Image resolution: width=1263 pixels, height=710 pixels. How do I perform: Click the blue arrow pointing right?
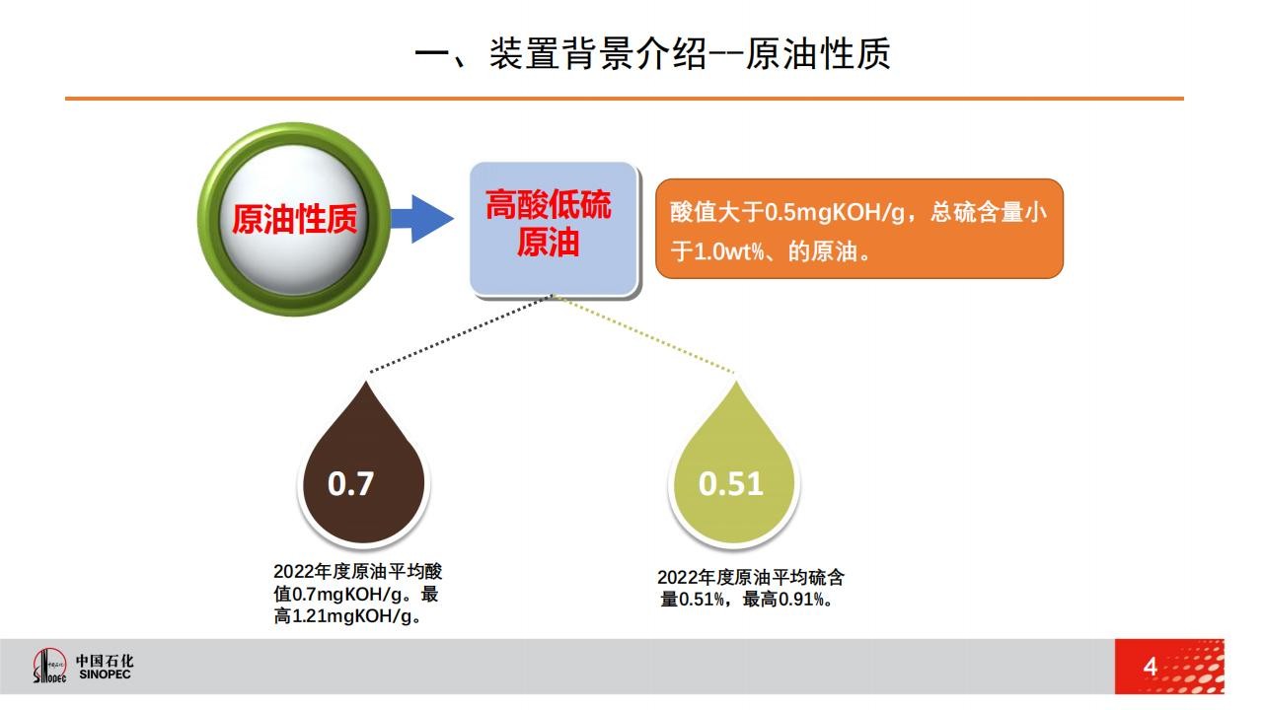[421, 219]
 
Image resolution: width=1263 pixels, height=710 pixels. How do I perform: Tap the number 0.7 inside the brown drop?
[350, 483]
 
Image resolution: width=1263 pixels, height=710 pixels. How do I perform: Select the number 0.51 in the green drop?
[731, 483]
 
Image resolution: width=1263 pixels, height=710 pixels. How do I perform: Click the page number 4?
[1151, 668]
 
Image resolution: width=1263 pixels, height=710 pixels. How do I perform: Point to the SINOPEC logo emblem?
[49, 666]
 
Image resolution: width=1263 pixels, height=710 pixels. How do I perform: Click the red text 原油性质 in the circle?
[294, 219]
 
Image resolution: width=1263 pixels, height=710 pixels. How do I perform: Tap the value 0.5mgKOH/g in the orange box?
[835, 212]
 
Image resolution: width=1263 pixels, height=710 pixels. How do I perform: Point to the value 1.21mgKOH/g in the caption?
[352, 616]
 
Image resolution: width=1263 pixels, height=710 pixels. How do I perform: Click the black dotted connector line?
[461, 333]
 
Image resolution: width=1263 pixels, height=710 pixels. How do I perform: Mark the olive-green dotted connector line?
[644, 333]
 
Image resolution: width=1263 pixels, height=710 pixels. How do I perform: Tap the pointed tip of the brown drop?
[365, 382]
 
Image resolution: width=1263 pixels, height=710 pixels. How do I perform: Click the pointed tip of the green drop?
[736, 382]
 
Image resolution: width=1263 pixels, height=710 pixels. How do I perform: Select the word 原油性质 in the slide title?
[818, 54]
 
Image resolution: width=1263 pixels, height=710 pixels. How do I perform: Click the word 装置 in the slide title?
[524, 54]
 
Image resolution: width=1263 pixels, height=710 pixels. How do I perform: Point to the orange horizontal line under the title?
[625, 99]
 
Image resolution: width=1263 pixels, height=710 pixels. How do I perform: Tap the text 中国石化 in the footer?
[105, 660]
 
